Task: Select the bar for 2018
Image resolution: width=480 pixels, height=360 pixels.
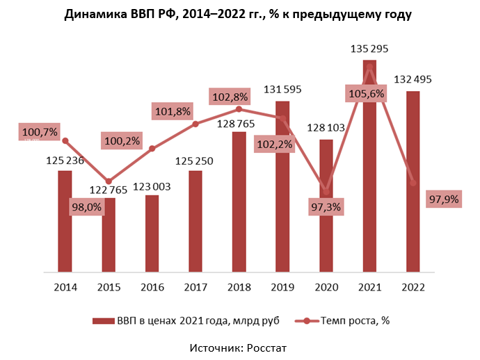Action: [239, 201]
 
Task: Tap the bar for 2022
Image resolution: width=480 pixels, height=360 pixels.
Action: [413, 181]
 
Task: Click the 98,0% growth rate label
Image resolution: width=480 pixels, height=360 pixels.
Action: [85, 207]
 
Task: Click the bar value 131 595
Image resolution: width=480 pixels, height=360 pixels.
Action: [282, 90]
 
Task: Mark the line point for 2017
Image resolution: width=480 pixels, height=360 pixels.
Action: [195, 124]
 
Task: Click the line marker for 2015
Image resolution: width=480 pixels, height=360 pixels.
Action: [109, 181]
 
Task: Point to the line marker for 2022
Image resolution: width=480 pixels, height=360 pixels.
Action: [413, 183]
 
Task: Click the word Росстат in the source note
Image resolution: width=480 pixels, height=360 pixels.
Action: [264, 347]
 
